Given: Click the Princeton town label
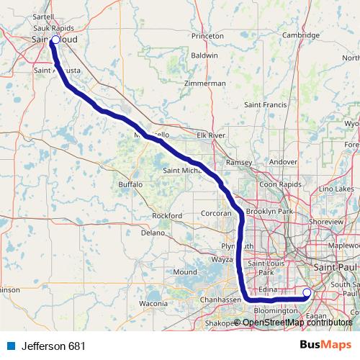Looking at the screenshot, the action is click(x=208, y=35).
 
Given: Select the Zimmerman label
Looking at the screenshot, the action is click(x=205, y=84).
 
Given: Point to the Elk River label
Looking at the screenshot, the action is click(x=212, y=135).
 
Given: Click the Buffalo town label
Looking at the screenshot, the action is click(x=131, y=185).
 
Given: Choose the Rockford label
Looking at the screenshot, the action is click(x=167, y=216).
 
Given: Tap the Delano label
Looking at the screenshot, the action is click(x=153, y=233).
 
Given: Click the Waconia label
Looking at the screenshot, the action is click(x=153, y=304).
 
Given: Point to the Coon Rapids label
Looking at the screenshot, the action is click(x=278, y=184).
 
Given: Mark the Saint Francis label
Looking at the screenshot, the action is click(x=266, y=105).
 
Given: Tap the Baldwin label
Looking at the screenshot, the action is click(x=204, y=55).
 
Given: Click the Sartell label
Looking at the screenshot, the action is click(x=43, y=15).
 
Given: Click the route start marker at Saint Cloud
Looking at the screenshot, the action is click(x=55, y=40).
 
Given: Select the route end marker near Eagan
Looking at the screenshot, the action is click(x=307, y=292).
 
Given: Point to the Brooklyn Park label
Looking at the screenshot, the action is click(x=269, y=211).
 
